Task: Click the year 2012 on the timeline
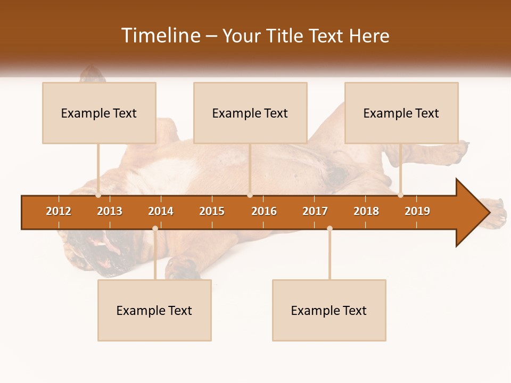point(59,211)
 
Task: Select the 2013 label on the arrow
point(110,211)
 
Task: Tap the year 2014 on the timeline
point(161,211)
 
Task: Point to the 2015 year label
point(212,211)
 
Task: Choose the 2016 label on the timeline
point(264,211)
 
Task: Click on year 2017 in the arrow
point(315,211)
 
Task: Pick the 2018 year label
point(366,211)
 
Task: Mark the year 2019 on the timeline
point(417,211)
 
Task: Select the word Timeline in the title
point(160,36)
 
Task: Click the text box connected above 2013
point(99,113)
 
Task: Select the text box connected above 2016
point(250,113)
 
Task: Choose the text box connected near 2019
point(401,113)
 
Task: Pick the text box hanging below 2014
point(154,310)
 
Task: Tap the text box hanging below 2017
point(329,310)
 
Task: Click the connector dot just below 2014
point(155,229)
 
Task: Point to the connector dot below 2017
point(329,229)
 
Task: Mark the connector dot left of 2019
point(400,195)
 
